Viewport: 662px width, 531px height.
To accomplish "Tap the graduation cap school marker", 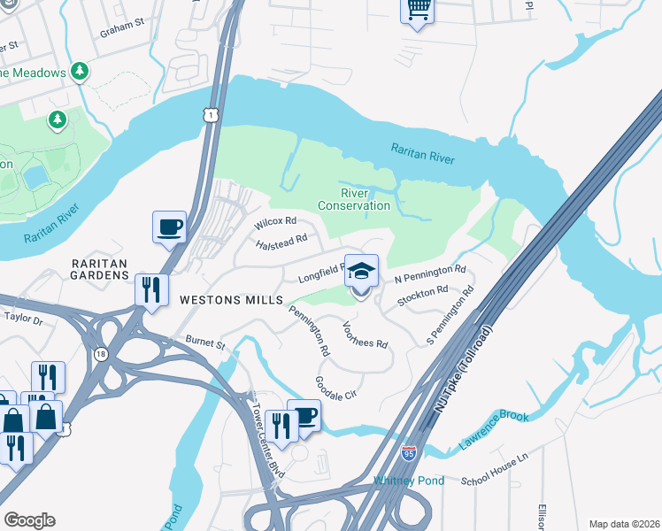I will tap(360, 272).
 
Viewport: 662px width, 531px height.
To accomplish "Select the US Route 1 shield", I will tap(210, 114).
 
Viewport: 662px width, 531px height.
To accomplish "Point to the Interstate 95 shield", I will tap(409, 453).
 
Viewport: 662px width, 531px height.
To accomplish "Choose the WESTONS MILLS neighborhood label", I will tap(224, 300).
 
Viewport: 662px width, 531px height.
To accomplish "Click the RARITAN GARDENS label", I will tap(102, 270).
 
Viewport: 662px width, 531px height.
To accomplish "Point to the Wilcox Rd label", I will tap(274, 221).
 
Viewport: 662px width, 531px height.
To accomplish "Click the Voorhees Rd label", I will tap(365, 335).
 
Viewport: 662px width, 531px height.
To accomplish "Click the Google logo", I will tap(29, 520).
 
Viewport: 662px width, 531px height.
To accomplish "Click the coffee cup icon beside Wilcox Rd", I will tap(169, 227).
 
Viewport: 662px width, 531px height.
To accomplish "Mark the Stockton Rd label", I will tap(423, 295).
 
